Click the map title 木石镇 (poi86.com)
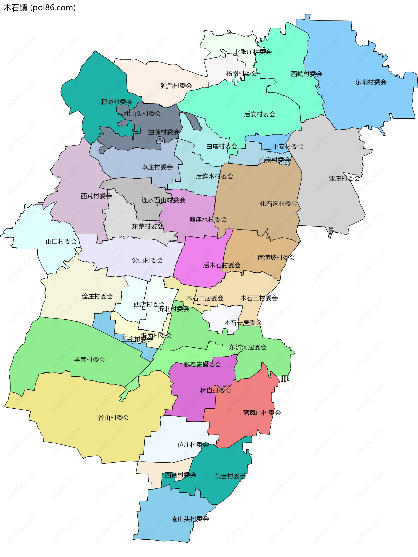[x=40, y=8]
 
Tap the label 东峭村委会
[x=371, y=82]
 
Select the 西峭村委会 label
[x=306, y=74]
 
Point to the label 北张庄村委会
[x=253, y=52]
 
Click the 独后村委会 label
[x=176, y=86]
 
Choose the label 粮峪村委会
[x=117, y=102]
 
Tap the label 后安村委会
[x=260, y=115]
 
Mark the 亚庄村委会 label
[x=344, y=179]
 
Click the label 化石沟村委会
[x=279, y=204]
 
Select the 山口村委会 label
[x=61, y=242]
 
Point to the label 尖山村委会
[x=147, y=261]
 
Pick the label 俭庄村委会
[x=97, y=296]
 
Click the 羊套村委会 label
[x=90, y=360]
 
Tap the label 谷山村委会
[x=113, y=418]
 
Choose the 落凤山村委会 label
[x=262, y=413]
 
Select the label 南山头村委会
[x=190, y=519]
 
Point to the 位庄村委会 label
[x=193, y=445]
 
